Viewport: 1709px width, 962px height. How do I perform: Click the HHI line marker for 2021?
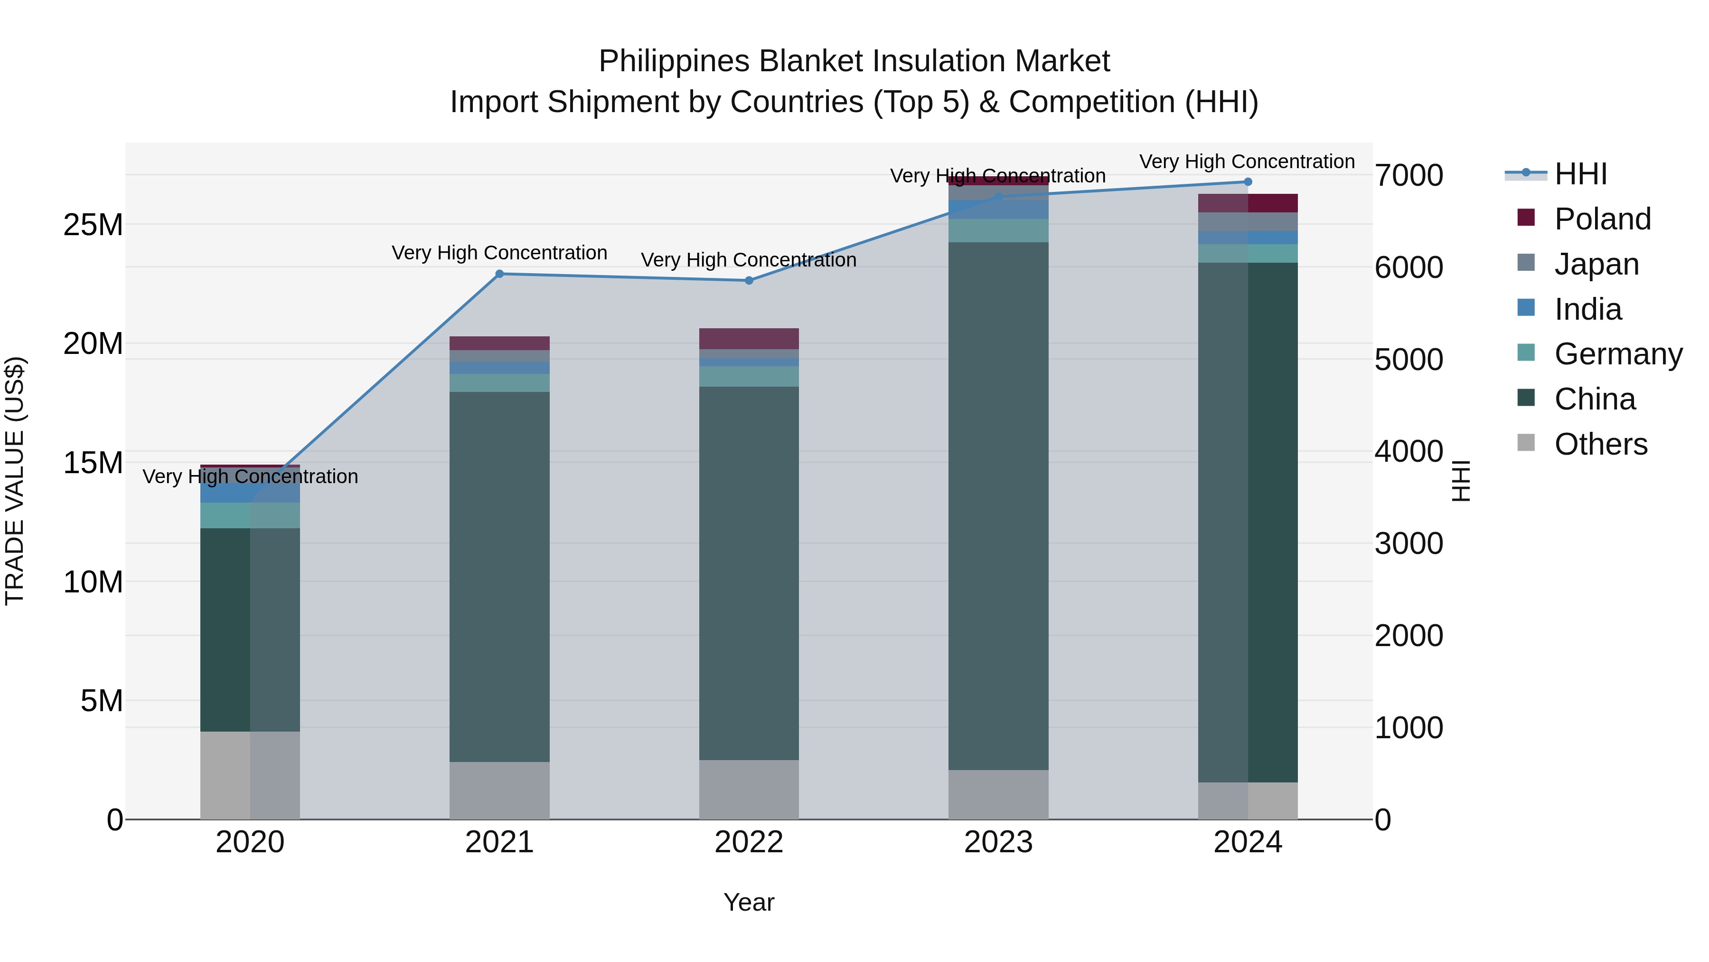tap(499, 274)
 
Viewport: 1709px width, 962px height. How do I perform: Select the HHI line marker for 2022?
tap(749, 281)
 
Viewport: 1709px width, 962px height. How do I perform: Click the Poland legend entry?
tap(1602, 219)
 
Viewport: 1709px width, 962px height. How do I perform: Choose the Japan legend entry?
tap(1596, 264)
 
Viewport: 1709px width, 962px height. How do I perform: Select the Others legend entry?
tap(1600, 444)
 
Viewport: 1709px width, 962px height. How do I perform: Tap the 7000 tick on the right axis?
tap(1409, 176)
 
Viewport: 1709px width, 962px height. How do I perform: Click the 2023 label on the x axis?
tap(998, 842)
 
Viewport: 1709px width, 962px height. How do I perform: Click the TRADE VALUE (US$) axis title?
tap(15, 481)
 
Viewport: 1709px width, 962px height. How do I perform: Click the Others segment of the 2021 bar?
tap(499, 790)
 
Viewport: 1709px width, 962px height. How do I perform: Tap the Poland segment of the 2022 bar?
tap(749, 339)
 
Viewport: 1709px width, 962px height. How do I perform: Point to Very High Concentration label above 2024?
tap(1247, 162)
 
